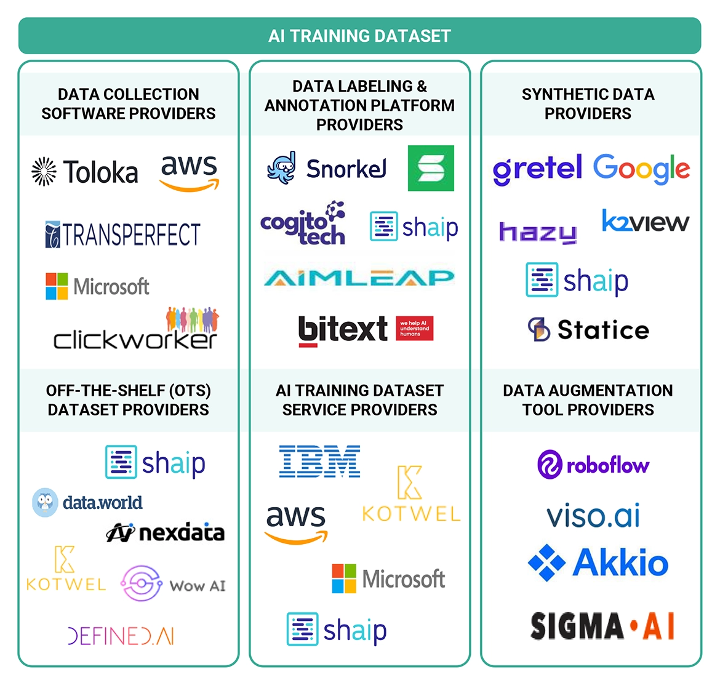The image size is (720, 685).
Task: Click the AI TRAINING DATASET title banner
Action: tap(359, 36)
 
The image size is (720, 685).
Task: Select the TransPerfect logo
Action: tap(123, 234)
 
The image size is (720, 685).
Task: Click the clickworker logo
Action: tap(136, 332)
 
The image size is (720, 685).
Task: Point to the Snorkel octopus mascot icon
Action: tap(281, 167)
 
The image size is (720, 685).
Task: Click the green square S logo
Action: tap(431, 168)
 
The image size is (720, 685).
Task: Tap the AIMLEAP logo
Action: tap(359, 278)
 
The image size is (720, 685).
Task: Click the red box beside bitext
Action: tap(415, 328)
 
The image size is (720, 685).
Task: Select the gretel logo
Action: tap(537, 169)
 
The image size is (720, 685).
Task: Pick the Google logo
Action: tap(641, 169)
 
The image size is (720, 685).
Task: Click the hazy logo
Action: tap(538, 232)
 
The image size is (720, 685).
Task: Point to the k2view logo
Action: tap(646, 221)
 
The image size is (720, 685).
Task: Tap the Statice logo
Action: tap(588, 330)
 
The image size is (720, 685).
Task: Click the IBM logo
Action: tap(320, 462)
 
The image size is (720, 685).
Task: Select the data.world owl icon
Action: tap(45, 503)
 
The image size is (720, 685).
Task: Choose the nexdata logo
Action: tap(166, 532)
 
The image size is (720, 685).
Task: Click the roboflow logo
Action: tap(593, 465)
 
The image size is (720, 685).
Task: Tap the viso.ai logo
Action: tap(593, 516)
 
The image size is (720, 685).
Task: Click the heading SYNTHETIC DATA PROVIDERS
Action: tap(588, 103)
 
